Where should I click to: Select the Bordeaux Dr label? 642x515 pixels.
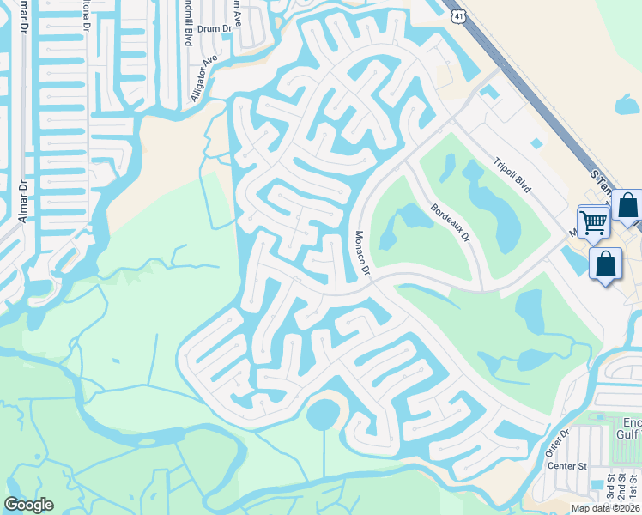tap(451, 221)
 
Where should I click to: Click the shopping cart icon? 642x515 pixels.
tap(593, 222)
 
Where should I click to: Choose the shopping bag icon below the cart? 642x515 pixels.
tap(606, 264)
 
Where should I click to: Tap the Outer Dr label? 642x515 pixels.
tap(558, 444)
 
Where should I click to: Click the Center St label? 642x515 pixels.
tap(566, 466)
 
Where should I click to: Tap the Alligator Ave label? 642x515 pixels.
tap(205, 80)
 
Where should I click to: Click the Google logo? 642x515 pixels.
tap(28, 505)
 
